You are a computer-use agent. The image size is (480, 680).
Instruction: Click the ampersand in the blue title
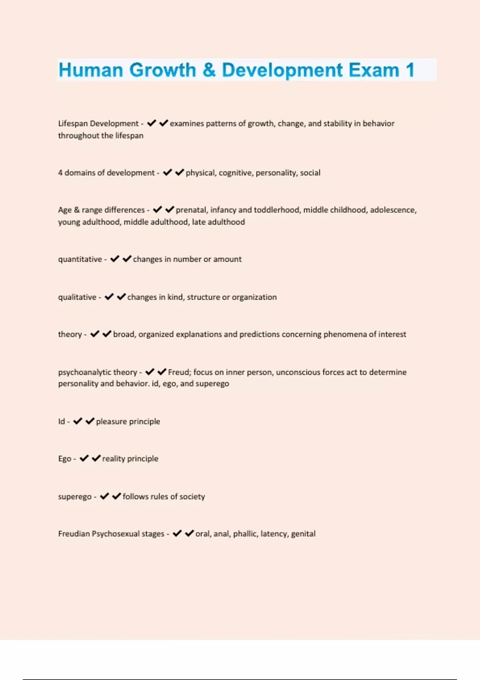tap(209, 70)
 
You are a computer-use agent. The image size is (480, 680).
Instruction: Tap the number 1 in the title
tap(410, 70)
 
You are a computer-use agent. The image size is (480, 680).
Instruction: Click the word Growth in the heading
tap(163, 70)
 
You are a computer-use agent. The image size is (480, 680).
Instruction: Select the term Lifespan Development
tap(98, 124)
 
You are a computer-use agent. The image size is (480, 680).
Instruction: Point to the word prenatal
tap(191, 210)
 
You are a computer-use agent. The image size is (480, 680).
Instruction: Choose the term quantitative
tap(80, 259)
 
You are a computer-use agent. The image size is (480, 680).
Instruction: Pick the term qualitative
tap(77, 297)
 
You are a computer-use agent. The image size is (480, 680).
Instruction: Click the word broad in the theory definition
tap(124, 334)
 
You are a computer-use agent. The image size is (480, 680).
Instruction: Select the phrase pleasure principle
tap(128, 422)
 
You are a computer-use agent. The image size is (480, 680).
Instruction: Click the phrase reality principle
tap(130, 459)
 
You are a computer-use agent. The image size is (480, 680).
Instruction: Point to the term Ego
tap(64, 459)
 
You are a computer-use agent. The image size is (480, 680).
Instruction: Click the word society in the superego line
tap(192, 497)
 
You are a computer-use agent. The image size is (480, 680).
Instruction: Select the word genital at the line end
tap(303, 534)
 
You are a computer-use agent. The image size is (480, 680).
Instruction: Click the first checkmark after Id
tap(78, 421)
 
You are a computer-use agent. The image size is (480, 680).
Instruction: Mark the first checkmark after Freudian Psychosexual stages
tap(177, 534)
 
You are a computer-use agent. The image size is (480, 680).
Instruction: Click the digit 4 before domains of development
tap(60, 173)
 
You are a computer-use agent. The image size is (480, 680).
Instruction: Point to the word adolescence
tap(393, 210)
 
